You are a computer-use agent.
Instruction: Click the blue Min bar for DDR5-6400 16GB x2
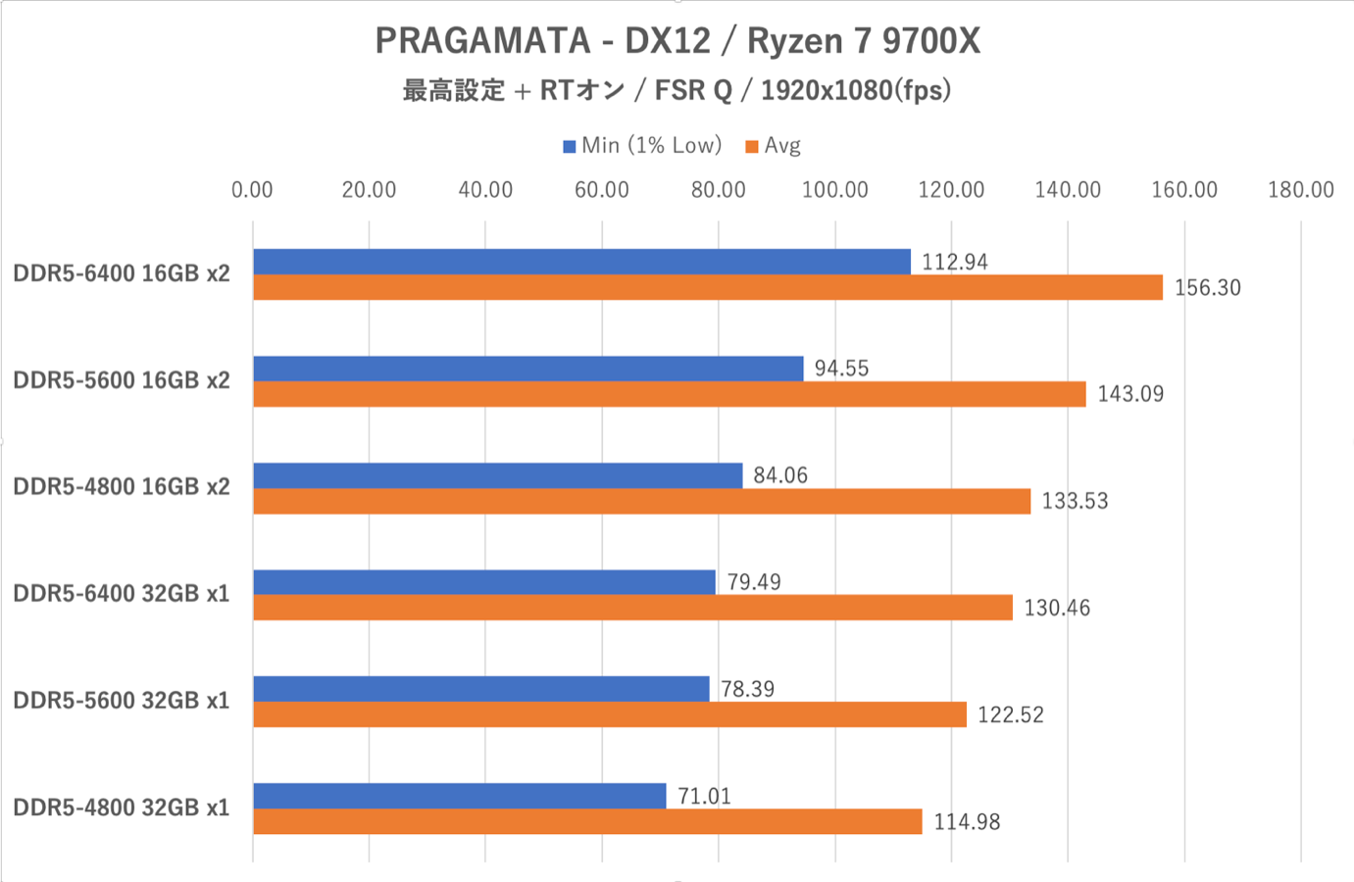581,262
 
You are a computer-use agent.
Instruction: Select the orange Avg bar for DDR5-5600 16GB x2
669,394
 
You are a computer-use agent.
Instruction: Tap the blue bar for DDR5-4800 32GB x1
460,796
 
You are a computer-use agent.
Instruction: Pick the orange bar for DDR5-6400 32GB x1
632,608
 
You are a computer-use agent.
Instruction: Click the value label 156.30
1207,287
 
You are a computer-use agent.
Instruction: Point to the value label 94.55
841,367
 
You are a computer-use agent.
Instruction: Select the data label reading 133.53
1075,501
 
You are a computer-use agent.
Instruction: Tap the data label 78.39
747,689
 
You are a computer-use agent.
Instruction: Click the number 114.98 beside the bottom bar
967,821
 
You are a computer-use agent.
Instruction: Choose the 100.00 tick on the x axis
834,190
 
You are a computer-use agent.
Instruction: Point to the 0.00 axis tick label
252,190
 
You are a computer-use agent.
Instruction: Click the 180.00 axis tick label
1301,190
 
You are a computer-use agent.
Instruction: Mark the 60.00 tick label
601,190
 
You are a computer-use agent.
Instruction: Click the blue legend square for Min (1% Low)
569,147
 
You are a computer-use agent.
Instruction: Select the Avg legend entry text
782,146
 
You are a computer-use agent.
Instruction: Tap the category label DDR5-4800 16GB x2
122,487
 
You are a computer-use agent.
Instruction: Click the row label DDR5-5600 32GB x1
122,700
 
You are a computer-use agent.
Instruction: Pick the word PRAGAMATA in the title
482,41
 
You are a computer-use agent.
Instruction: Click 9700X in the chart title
930,41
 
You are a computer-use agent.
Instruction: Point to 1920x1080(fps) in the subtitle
856,90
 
